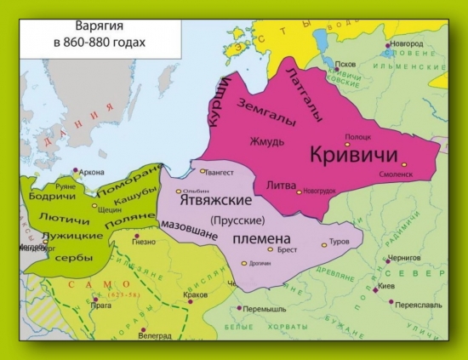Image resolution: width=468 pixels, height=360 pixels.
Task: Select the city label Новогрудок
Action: (322, 192)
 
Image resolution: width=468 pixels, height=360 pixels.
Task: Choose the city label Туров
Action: (340, 242)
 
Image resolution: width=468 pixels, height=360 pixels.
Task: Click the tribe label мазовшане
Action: (190, 227)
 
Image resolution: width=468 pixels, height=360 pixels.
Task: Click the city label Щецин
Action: (110, 208)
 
